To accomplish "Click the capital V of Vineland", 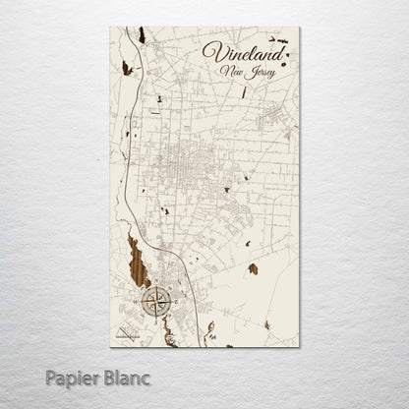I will [209, 50].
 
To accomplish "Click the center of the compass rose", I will [155, 301].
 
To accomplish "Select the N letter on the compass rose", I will [155, 286].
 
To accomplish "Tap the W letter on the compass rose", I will [142, 301].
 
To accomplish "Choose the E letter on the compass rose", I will [169, 301].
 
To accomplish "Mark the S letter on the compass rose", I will [155, 316].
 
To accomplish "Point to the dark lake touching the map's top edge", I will [142, 35].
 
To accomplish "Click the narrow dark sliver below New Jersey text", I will [245, 94].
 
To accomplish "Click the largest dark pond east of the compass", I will [253, 268].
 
